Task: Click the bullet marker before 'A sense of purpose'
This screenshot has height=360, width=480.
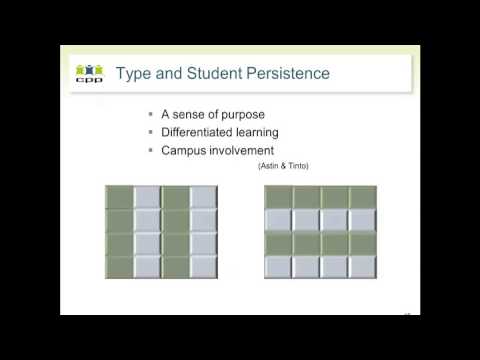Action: pyautogui.click(x=149, y=113)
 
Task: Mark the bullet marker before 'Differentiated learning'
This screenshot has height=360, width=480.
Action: pyautogui.click(x=149, y=131)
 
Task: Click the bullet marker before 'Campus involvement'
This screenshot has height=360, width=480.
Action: pyautogui.click(x=149, y=149)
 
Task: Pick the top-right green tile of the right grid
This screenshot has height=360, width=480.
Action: pyautogui.click(x=363, y=197)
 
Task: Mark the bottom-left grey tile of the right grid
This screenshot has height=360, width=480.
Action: pyautogui.click(x=279, y=266)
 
